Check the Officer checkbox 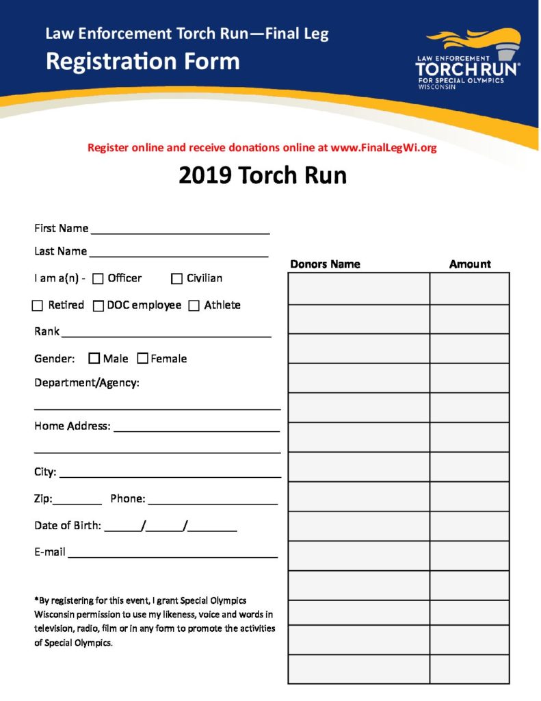[98, 279]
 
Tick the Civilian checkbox [176, 279]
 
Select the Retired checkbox [38, 305]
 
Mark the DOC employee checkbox [98, 305]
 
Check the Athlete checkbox [194, 305]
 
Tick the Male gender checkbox [94, 358]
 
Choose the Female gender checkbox [142, 358]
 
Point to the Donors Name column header [325, 264]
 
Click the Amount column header [470, 264]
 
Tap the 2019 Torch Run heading [263, 176]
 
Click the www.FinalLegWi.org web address [384, 147]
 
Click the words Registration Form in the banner [143, 62]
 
